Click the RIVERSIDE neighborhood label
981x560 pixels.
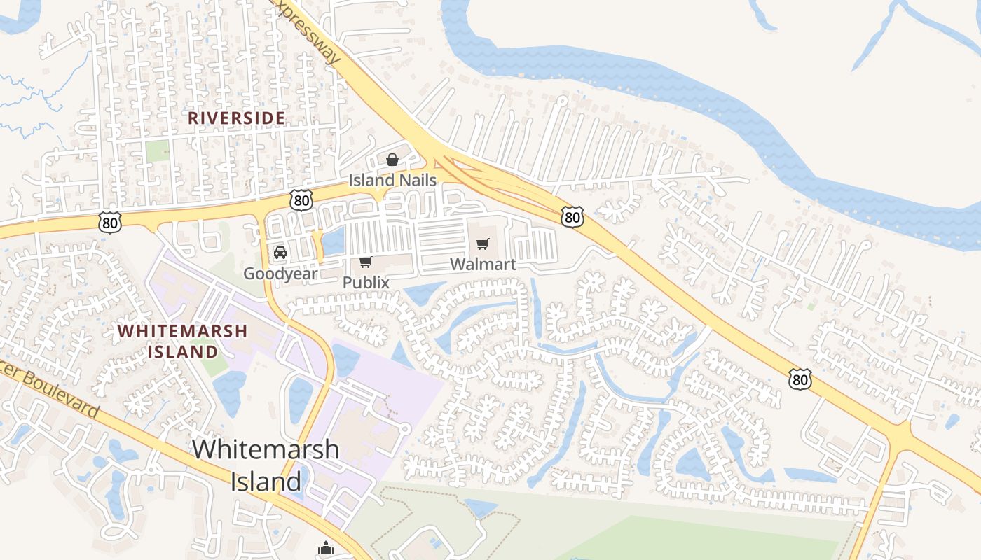(236, 118)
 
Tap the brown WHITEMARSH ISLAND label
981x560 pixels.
(182, 340)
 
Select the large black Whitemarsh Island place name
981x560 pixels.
(266, 465)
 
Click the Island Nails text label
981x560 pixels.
(392, 180)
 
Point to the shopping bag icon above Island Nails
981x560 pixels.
(392, 160)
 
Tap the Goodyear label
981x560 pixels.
(280, 274)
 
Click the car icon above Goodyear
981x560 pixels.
(280, 253)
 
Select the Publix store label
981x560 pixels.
(365, 282)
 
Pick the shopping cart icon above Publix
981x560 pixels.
(365, 262)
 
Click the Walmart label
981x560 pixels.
(483, 264)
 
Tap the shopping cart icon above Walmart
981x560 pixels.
(482, 244)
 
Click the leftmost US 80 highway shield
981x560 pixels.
(110, 223)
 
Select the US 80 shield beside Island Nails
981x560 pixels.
(302, 201)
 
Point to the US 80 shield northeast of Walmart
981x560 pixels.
(572, 217)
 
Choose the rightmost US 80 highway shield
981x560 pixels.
(800, 379)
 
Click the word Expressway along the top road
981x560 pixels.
(308, 31)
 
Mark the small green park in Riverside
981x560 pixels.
(158, 150)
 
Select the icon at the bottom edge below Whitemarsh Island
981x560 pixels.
(326, 549)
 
